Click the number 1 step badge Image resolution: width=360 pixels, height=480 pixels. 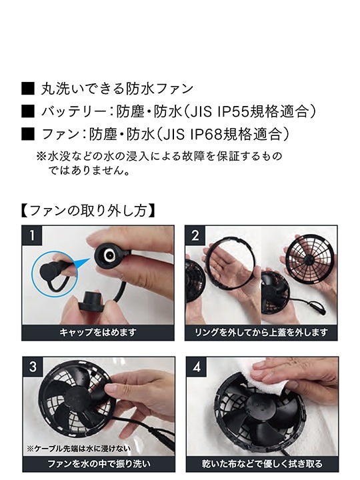tap(31, 235)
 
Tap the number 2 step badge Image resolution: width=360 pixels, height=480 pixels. tap(195, 235)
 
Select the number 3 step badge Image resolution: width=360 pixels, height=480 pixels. tap(31, 367)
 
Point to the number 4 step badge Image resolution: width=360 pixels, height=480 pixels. tap(195, 367)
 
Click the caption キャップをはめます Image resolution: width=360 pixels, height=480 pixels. tap(97, 331)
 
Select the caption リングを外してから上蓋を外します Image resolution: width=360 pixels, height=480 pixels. tap(261, 331)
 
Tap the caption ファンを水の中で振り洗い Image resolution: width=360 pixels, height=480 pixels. tap(97, 463)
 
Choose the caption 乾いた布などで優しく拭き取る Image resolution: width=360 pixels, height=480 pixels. tap(261, 463)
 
